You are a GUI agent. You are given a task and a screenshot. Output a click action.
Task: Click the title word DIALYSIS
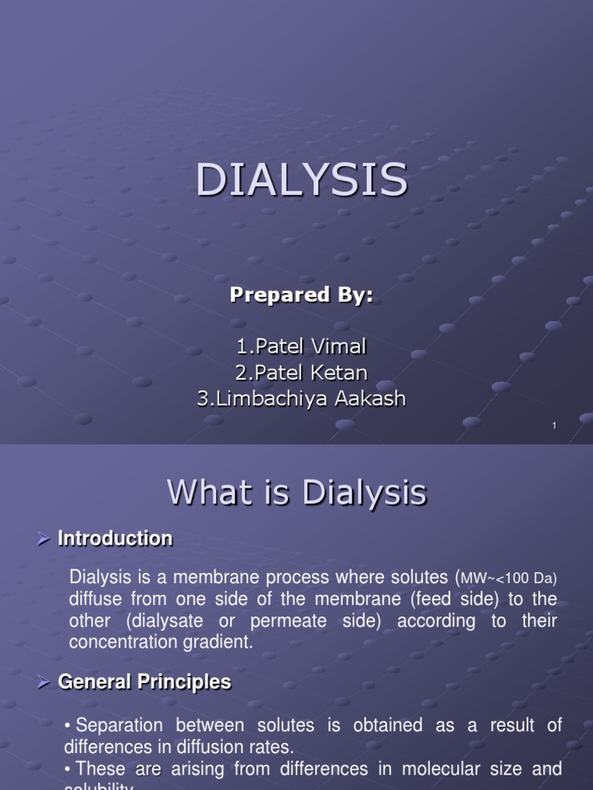[x=301, y=179]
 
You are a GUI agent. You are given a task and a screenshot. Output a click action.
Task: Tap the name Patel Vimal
[x=301, y=346]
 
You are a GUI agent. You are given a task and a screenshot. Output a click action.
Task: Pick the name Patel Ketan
[x=301, y=373]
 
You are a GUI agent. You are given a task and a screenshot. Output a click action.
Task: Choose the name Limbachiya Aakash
[x=301, y=399]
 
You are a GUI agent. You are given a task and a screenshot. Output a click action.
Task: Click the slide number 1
[x=554, y=427]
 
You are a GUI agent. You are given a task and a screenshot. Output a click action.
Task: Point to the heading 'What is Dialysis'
[x=297, y=492]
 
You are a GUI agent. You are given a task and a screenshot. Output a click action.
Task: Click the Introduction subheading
[x=115, y=538]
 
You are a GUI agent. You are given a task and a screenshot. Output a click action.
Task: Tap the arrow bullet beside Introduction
[x=44, y=538]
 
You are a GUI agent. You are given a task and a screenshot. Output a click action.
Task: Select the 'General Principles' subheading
[x=144, y=682]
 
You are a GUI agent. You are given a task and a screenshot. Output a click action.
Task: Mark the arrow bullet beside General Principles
[x=44, y=682]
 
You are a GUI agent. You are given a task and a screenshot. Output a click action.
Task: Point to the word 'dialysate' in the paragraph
[x=152, y=621]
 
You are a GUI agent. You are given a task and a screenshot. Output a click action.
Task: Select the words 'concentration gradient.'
[x=161, y=643]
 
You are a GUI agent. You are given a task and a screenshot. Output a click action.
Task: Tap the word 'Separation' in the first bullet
[x=120, y=725]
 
